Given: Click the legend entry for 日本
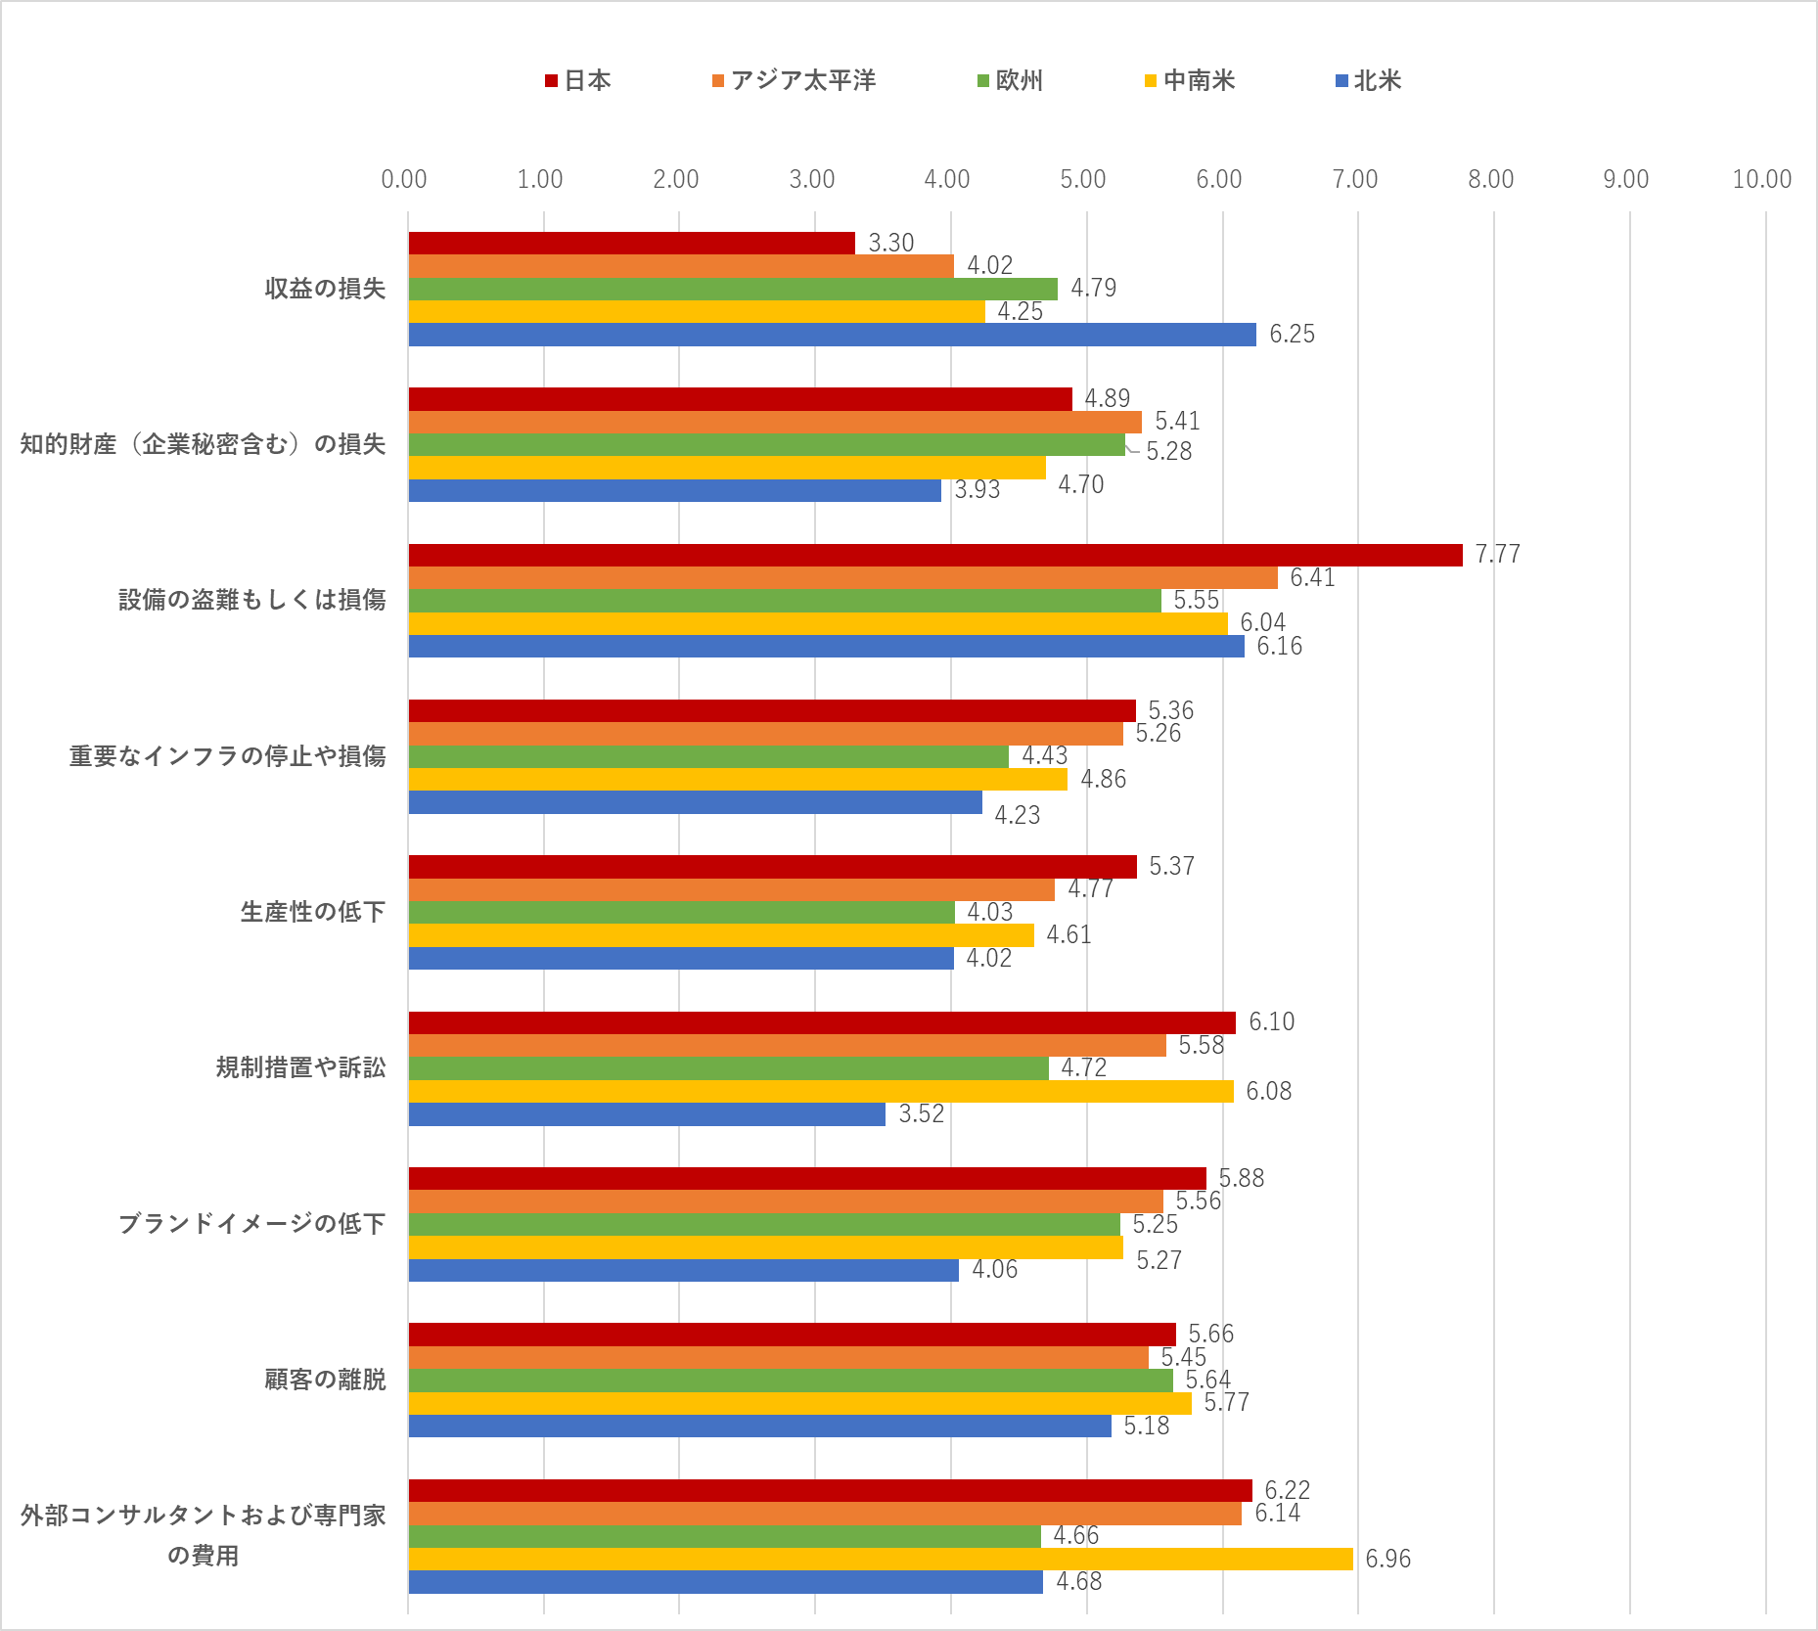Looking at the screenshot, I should [578, 80].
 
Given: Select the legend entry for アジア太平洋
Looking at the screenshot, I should [795, 80].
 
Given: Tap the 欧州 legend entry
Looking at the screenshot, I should [1011, 80].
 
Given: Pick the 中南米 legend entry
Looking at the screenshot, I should [1190, 80].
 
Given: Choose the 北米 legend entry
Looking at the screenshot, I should [1369, 80].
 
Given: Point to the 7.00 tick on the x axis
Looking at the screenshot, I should [1355, 179].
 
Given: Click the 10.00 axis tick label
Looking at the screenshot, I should [1761, 179].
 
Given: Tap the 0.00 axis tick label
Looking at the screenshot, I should [404, 179].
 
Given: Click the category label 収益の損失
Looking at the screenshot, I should [325, 289].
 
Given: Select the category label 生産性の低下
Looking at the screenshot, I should [313, 912].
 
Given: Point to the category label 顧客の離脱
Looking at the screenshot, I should [325, 1380].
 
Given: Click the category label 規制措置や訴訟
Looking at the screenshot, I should [300, 1067].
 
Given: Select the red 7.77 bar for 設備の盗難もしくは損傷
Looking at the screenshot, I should [934, 555].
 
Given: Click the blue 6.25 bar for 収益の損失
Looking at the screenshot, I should [832, 335].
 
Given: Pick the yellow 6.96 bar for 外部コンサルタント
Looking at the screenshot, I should [881, 1559].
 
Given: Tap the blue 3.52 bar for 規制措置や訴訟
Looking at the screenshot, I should [647, 1114].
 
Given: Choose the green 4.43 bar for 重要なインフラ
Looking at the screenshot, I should [708, 756].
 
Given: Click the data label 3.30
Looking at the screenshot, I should [891, 243].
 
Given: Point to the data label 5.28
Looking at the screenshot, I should [1168, 451].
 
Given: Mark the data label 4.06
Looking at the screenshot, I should [994, 1269].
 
